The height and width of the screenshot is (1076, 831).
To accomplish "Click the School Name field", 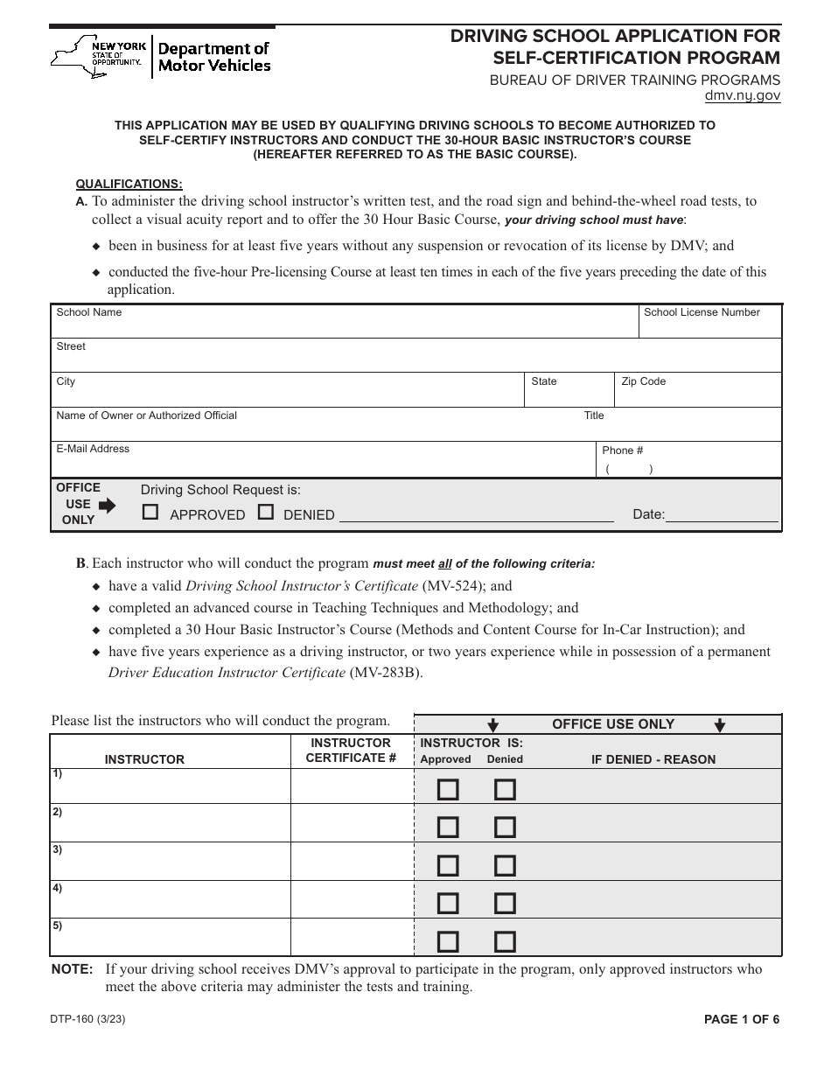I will pos(345,326).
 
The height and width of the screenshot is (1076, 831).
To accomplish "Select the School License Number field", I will pos(710,326).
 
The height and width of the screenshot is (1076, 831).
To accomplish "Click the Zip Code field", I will pos(698,395).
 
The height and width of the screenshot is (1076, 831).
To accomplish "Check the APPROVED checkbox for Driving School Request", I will pos(150,514).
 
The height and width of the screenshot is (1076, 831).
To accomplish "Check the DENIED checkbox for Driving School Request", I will pos(267,514).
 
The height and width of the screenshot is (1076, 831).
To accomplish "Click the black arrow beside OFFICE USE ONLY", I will pos(107,505).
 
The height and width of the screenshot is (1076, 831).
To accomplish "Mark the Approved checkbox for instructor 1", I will pos(448,790).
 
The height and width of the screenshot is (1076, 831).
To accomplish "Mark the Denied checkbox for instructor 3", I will pos(505,866).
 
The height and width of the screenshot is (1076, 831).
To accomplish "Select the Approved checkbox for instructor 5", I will pos(448,941).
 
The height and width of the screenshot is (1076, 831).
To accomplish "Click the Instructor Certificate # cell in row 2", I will pos(351,823).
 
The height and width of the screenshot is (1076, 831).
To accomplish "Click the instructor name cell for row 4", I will pos(171,899).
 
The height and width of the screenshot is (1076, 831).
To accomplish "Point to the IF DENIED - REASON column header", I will pos(653,759).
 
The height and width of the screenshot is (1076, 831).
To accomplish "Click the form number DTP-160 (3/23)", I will pos(92,1018).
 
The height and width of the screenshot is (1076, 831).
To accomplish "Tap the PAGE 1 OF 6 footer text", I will pos(741,1018).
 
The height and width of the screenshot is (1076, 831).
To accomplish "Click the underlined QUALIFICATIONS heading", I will pos(129,184).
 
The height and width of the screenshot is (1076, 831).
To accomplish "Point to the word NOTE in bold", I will pos(72,969).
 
